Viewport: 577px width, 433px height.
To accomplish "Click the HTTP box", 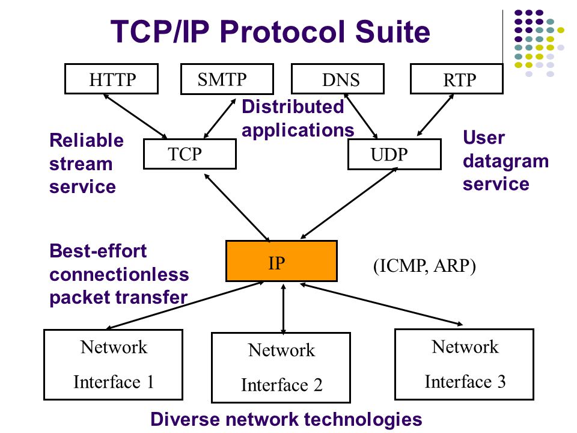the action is tap(112, 79).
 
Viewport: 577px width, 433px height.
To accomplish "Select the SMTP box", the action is tap(227, 79).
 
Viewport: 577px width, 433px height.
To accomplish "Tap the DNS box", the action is tap(338, 79).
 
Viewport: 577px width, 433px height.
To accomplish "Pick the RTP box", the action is tap(457, 79).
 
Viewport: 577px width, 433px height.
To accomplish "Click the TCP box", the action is tap(190, 154).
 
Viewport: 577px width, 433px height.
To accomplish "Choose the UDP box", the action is tap(394, 155).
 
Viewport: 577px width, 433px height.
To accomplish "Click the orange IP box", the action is tap(281, 261).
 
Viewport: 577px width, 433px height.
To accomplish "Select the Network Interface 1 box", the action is tap(114, 364).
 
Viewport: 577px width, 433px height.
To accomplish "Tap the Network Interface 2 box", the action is tap(281, 367).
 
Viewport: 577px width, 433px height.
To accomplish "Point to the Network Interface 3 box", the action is tap(465, 364).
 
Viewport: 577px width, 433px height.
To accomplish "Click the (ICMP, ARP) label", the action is tap(424, 266).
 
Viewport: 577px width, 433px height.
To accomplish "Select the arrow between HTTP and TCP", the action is tap(135, 116).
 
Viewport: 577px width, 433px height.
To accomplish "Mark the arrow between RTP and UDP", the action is tap(435, 115).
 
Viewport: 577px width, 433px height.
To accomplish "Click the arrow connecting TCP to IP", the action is tap(237, 207).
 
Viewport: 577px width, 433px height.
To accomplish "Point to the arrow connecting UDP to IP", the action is tap(349, 203).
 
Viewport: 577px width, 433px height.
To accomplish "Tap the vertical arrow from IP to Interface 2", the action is tap(283, 309).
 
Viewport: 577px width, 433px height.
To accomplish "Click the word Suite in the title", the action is tap(392, 32).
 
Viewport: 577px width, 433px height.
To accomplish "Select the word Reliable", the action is tap(87, 140).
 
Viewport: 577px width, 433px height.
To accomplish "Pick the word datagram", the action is tap(505, 162).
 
